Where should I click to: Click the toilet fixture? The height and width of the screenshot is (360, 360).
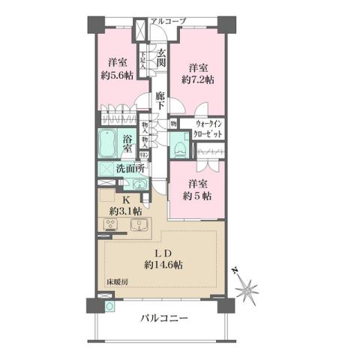[178, 147]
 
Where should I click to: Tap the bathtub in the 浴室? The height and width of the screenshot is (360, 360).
[108, 142]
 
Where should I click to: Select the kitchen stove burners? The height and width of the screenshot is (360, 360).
[112, 224]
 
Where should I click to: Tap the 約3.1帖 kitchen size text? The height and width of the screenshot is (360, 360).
[127, 211]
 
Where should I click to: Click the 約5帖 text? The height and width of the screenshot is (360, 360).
[199, 196]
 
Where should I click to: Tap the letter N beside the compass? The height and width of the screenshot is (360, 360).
[235, 270]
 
